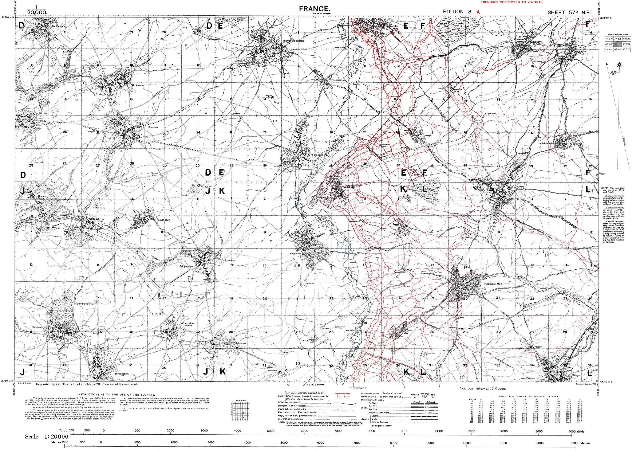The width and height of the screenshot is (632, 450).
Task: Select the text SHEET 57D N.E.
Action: [x=569, y=12]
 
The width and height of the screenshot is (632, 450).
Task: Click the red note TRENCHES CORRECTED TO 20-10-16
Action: [x=511, y=2]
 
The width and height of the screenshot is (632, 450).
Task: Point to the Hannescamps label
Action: [x=338, y=79]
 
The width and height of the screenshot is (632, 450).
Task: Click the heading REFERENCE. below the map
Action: [x=358, y=388]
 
